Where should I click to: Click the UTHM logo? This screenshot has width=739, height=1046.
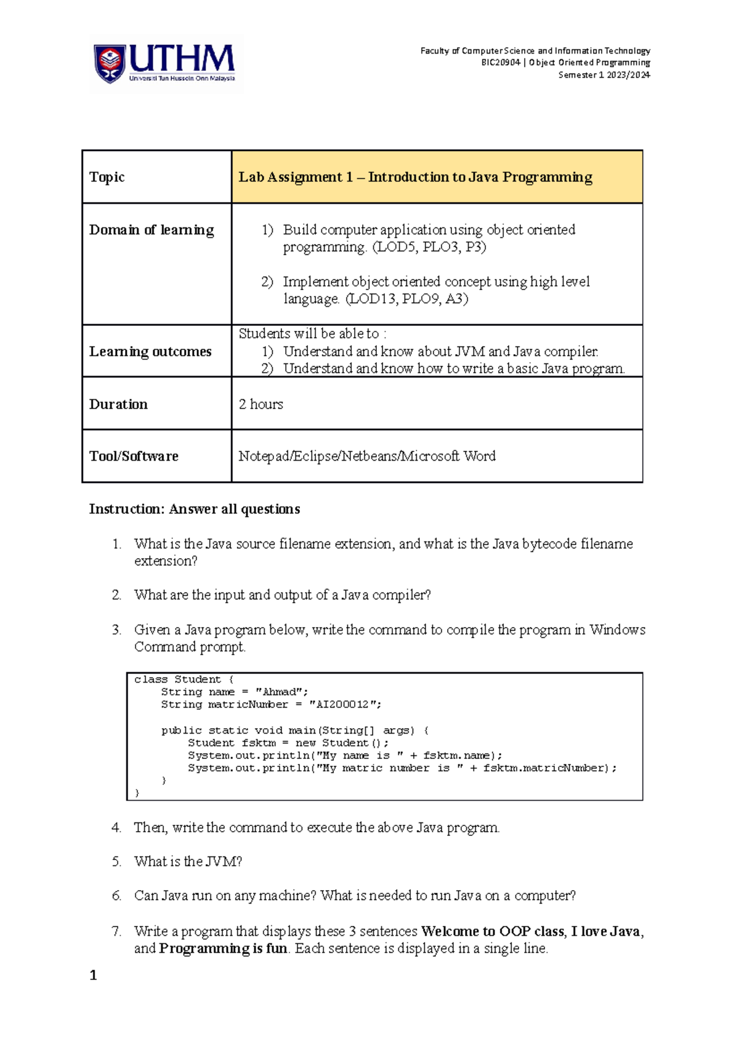pos(165,64)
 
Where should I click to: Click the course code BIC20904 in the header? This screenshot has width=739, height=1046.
pos(501,63)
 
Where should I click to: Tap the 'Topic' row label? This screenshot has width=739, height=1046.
pos(107,177)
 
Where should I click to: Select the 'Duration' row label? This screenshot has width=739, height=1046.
pos(118,404)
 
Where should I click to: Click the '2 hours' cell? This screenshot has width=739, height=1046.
pos(261,404)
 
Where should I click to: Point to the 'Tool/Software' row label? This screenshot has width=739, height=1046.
pos(134,456)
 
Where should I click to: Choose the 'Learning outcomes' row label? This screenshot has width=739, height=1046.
pos(150,352)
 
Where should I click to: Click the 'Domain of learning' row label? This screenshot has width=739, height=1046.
pos(151,230)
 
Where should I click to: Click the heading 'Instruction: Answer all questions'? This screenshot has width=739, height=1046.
pos(195,509)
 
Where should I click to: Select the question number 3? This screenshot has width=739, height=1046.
pos(116,630)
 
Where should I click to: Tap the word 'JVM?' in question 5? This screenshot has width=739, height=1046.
pos(224,862)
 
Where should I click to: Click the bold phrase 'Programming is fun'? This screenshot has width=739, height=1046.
pos(223,949)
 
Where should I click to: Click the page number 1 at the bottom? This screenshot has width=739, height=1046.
pos(93,975)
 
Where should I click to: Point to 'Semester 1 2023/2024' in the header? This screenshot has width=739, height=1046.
pos(604,75)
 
